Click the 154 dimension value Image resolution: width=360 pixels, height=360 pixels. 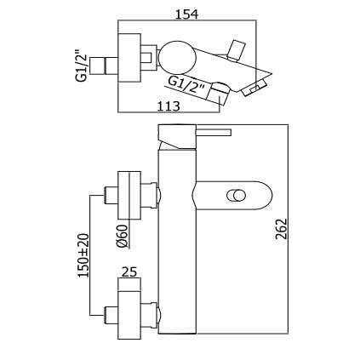click(x=186, y=14)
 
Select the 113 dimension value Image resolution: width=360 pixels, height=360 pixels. click(x=169, y=106)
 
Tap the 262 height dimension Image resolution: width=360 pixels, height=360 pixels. click(x=282, y=229)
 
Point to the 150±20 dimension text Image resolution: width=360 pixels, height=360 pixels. click(x=83, y=255)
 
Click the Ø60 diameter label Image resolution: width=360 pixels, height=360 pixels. click(x=123, y=237)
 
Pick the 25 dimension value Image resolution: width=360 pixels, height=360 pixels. click(x=129, y=271)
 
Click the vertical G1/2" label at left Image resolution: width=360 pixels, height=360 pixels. click(x=82, y=66)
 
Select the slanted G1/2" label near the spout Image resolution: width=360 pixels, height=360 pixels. click(x=186, y=85)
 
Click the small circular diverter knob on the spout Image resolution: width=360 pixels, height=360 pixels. click(x=237, y=196)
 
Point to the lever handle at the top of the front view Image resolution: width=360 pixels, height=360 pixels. click(x=195, y=137)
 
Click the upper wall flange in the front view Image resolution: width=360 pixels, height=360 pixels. click(x=129, y=195)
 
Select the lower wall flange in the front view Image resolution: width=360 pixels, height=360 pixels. click(x=129, y=315)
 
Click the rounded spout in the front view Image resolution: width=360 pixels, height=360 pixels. click(x=232, y=196)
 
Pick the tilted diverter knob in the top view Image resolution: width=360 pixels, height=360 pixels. click(x=236, y=50)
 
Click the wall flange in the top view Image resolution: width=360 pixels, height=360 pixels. click(x=129, y=59)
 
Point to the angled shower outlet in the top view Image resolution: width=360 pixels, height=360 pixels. click(x=218, y=94)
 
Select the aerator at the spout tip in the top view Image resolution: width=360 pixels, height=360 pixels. click(x=254, y=88)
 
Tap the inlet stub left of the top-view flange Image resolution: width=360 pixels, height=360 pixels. click(x=104, y=66)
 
